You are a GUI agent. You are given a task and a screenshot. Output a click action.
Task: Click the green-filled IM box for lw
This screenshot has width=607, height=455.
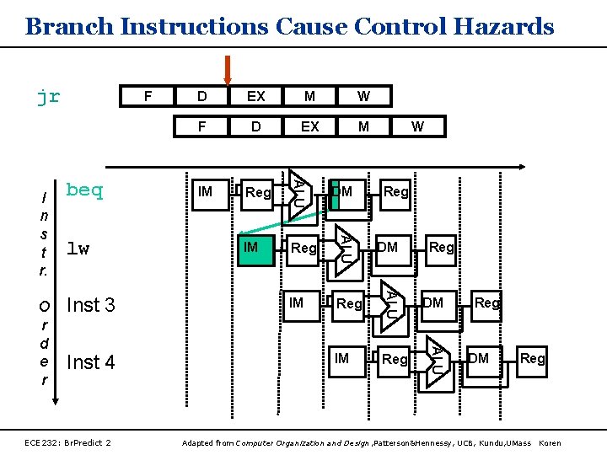(x=255, y=248)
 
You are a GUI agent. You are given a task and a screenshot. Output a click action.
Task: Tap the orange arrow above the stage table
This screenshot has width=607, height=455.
(x=227, y=69)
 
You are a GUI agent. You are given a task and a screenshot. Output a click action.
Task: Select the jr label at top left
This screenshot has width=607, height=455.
(x=48, y=96)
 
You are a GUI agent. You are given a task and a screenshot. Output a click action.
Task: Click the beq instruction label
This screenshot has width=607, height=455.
(x=84, y=190)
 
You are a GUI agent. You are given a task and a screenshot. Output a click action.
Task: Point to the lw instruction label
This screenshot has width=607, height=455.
(x=78, y=249)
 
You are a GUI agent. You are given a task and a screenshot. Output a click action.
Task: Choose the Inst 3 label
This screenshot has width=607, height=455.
(x=90, y=305)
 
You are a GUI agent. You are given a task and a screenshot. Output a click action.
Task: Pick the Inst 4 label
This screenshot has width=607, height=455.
(x=90, y=362)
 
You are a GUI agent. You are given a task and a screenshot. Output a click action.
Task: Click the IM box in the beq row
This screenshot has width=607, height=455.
(x=204, y=192)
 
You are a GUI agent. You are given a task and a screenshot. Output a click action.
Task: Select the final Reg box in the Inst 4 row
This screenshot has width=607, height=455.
(x=532, y=359)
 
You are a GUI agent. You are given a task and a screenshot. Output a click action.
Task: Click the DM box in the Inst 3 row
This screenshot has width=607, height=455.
(x=432, y=302)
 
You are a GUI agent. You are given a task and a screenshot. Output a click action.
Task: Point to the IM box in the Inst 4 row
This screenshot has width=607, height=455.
(x=341, y=359)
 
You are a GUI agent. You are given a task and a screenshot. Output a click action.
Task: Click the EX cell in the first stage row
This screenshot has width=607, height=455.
(x=255, y=97)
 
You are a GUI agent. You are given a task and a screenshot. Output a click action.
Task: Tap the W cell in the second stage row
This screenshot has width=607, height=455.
(x=417, y=126)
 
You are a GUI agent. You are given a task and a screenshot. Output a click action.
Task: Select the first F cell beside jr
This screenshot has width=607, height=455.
(x=148, y=97)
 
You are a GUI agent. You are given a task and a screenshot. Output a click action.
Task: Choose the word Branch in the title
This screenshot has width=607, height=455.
(x=70, y=26)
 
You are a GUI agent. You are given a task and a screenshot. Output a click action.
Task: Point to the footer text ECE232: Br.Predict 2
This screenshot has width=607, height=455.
(x=68, y=442)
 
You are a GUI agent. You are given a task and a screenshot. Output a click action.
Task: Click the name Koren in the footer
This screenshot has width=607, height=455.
(x=549, y=442)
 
